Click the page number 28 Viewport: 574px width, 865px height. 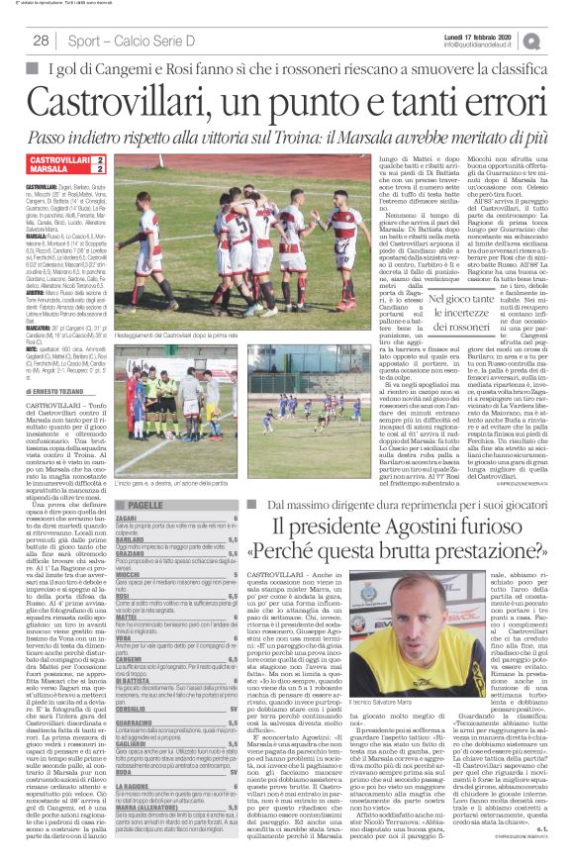click(41, 41)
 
